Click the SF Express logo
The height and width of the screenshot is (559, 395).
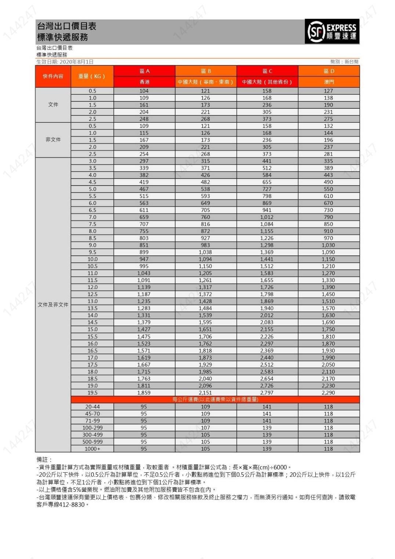click(332, 32)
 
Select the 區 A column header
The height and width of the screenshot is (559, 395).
click(144, 71)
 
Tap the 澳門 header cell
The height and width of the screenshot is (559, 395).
click(329, 82)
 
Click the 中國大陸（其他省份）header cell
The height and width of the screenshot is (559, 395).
click(267, 82)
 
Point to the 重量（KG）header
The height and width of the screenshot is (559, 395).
click(92, 76)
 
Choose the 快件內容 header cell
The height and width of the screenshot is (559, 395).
click(53, 76)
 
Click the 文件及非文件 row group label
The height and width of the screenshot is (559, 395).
click(53, 304)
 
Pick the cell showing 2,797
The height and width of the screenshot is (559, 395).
click(267, 393)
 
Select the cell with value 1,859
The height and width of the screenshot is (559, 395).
click(144, 393)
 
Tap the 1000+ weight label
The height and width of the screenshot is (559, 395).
click(93, 449)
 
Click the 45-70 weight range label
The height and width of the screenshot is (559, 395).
click(93, 414)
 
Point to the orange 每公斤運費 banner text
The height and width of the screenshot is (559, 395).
click(215, 399)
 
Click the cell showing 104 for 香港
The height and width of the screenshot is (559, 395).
click(144, 91)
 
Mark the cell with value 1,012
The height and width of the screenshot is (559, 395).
click(267, 217)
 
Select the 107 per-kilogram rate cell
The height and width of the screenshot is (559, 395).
click(206, 428)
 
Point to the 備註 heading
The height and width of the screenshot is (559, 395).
click(44, 459)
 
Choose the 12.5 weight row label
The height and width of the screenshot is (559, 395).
click(93, 294)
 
